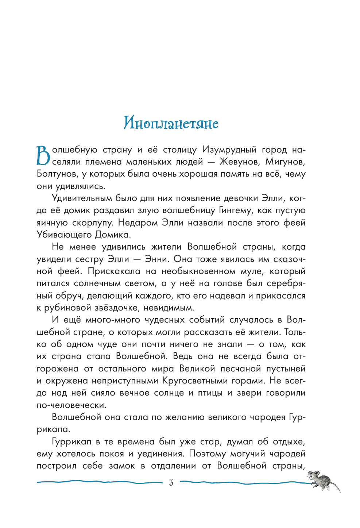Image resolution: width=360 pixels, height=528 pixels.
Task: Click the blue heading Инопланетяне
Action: click(171, 123)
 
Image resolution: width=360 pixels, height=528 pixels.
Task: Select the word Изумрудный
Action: click(229, 150)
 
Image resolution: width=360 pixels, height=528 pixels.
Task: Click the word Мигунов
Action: click(285, 162)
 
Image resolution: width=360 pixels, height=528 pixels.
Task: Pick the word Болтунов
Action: click(57, 174)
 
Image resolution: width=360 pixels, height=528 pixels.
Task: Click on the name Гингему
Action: click(236, 211)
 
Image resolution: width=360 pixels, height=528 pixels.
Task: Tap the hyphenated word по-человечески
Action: click(71, 405)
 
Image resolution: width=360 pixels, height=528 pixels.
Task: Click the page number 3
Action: click(171, 483)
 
